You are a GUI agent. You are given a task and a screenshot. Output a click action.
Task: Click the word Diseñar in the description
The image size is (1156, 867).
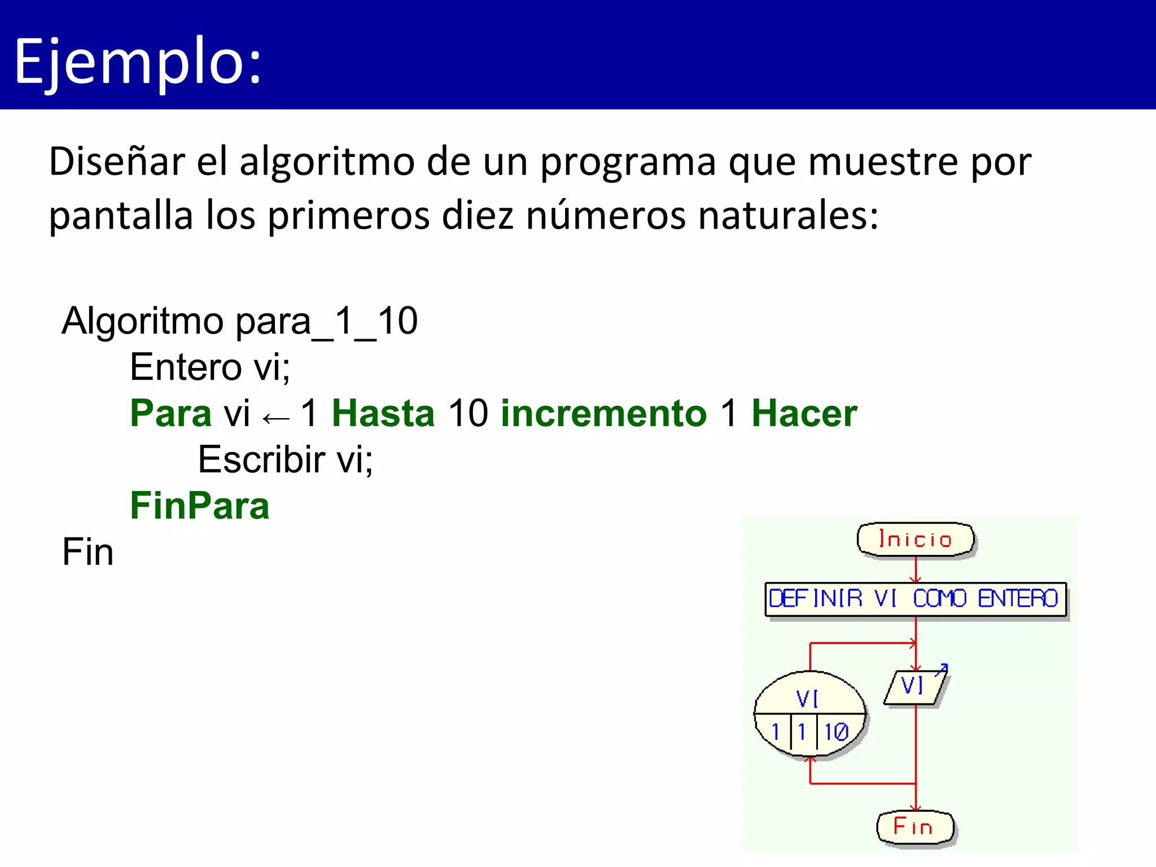click(x=116, y=162)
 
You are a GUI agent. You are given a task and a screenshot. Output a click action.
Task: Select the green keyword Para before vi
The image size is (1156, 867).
click(x=170, y=413)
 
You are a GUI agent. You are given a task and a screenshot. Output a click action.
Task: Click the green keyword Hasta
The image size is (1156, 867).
click(x=383, y=413)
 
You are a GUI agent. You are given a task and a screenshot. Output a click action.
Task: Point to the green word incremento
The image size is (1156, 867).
click(x=603, y=413)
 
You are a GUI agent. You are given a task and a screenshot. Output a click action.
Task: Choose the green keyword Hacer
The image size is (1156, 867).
click(x=804, y=413)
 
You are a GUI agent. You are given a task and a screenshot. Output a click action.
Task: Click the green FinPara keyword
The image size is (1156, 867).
click(x=200, y=506)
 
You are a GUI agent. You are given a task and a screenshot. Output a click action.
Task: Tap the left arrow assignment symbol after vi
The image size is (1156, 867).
click(x=276, y=418)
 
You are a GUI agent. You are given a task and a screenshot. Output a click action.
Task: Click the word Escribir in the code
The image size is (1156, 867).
click(x=261, y=459)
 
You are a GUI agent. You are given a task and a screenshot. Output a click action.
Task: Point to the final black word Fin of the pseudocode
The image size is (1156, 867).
click(x=87, y=552)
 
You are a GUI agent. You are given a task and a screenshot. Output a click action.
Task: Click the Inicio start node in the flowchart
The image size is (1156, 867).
click(x=916, y=540)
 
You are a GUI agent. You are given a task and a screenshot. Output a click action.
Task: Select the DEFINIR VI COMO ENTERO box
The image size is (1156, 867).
click(x=915, y=599)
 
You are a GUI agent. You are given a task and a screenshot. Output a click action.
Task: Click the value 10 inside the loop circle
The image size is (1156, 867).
click(x=836, y=732)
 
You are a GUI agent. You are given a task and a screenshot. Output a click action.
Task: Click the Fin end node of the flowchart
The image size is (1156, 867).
click(x=914, y=827)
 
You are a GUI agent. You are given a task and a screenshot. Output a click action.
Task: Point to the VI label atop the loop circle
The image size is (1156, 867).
click(x=807, y=699)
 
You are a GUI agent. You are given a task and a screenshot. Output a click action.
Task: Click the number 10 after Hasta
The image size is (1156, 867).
click(x=467, y=413)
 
